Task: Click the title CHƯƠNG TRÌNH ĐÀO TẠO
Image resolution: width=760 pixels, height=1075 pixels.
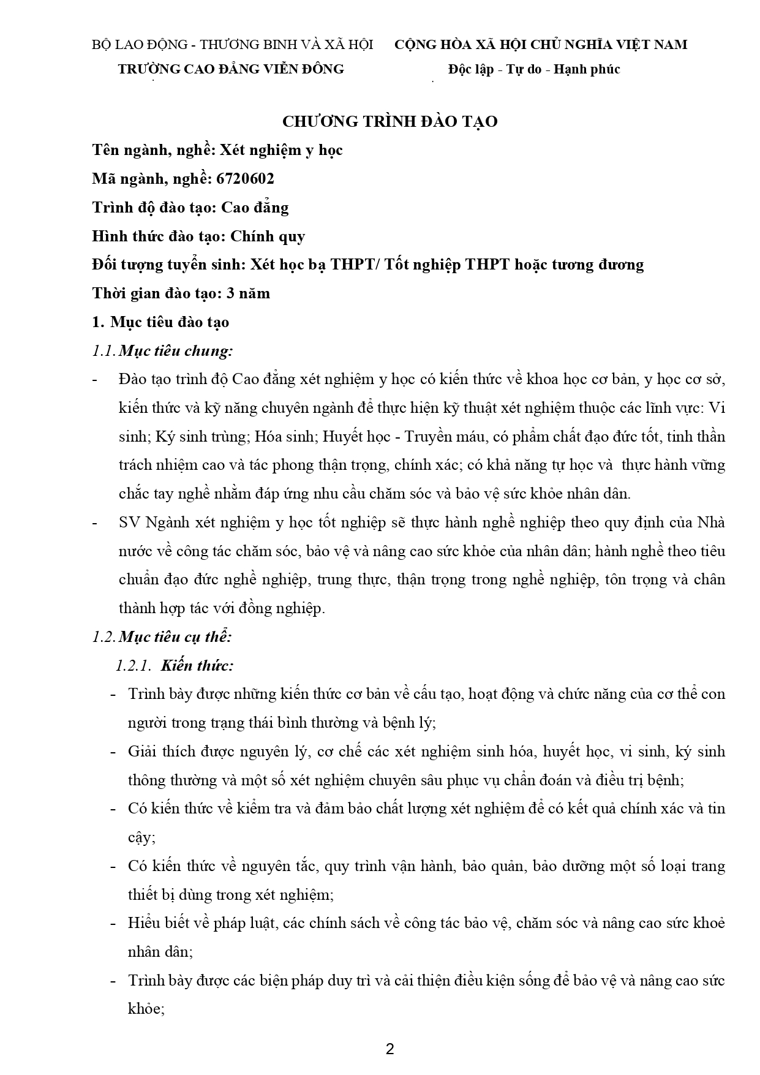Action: (x=389, y=121)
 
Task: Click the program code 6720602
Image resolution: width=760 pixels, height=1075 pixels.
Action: (x=245, y=179)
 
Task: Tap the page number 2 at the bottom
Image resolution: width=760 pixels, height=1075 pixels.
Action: (x=389, y=1049)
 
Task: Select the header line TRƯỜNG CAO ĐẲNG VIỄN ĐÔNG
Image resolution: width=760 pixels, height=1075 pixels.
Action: (x=231, y=69)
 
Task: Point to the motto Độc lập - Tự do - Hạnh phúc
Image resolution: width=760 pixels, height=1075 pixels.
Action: (x=533, y=69)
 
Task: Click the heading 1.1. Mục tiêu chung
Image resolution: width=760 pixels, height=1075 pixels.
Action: (x=162, y=351)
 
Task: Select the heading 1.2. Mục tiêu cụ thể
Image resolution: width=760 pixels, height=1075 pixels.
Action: (x=162, y=636)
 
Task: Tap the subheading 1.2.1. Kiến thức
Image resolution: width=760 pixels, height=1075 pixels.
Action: (x=175, y=665)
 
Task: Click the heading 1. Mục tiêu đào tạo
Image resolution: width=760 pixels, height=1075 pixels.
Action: (x=160, y=322)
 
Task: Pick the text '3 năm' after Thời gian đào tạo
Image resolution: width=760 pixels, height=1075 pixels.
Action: (x=248, y=293)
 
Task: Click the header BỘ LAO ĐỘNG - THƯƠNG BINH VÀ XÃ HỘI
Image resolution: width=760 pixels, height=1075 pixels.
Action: (x=232, y=45)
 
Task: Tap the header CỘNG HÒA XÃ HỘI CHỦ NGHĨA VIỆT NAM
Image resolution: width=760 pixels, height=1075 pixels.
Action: (x=540, y=45)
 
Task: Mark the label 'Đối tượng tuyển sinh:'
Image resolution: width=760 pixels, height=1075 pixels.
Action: (x=169, y=265)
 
